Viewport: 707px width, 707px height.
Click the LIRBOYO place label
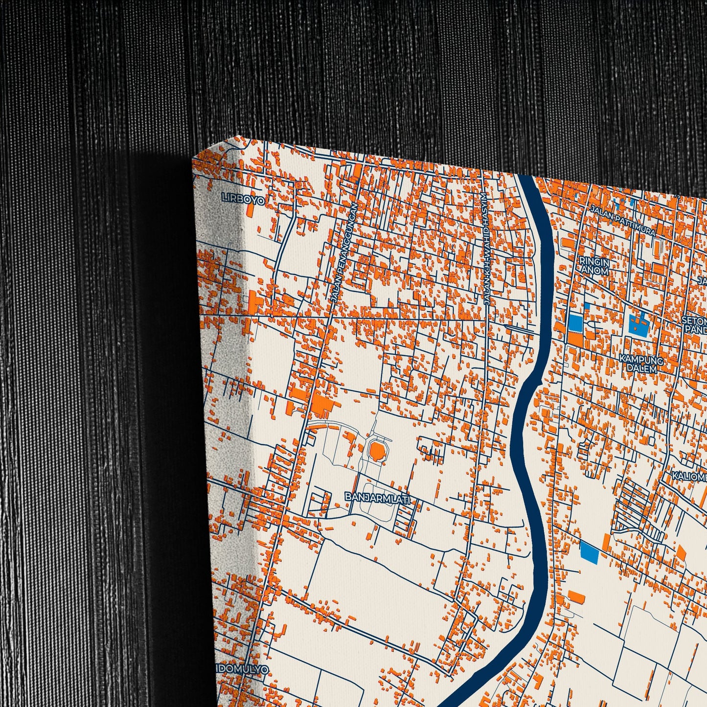click(x=243, y=199)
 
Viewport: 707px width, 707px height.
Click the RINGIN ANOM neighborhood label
click(x=594, y=266)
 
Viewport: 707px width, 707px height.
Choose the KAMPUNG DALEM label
click(x=641, y=364)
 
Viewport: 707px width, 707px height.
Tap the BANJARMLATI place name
click(x=377, y=497)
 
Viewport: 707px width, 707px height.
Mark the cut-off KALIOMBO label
click(x=690, y=476)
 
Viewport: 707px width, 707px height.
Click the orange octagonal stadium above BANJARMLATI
click(x=377, y=451)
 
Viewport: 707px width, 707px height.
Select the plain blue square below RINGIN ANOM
click(x=575, y=323)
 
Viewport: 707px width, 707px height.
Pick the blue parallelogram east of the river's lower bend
click(x=589, y=552)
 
